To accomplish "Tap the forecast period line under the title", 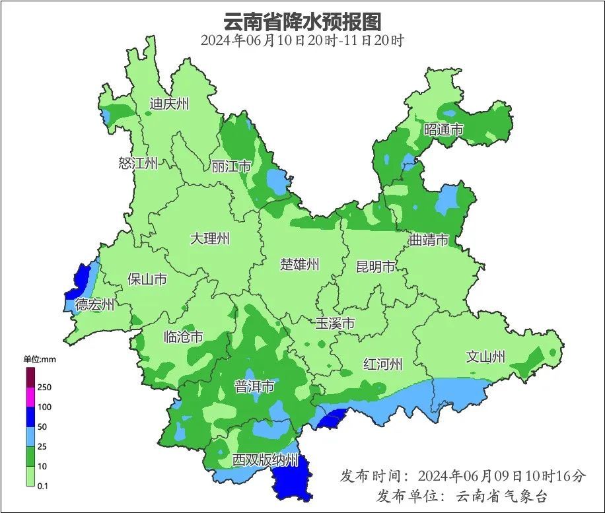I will (x=302, y=40).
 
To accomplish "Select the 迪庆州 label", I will (x=169, y=104).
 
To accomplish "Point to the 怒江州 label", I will (x=138, y=164).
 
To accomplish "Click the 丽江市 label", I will (x=231, y=166).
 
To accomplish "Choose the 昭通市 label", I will (x=444, y=130).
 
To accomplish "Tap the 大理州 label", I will (x=210, y=238).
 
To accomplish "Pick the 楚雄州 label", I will (x=300, y=265).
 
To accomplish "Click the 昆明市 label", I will (x=376, y=267).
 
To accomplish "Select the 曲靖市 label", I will (x=429, y=240).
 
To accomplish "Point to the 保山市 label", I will (x=147, y=279).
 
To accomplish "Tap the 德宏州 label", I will (x=94, y=305).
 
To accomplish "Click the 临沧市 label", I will (x=183, y=337).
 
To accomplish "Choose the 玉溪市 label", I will (x=335, y=324).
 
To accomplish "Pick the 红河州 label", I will (x=383, y=364).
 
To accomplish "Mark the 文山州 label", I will (x=485, y=357).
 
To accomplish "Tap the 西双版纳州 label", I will (x=266, y=460).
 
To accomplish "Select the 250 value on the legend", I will (x=44, y=387).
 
